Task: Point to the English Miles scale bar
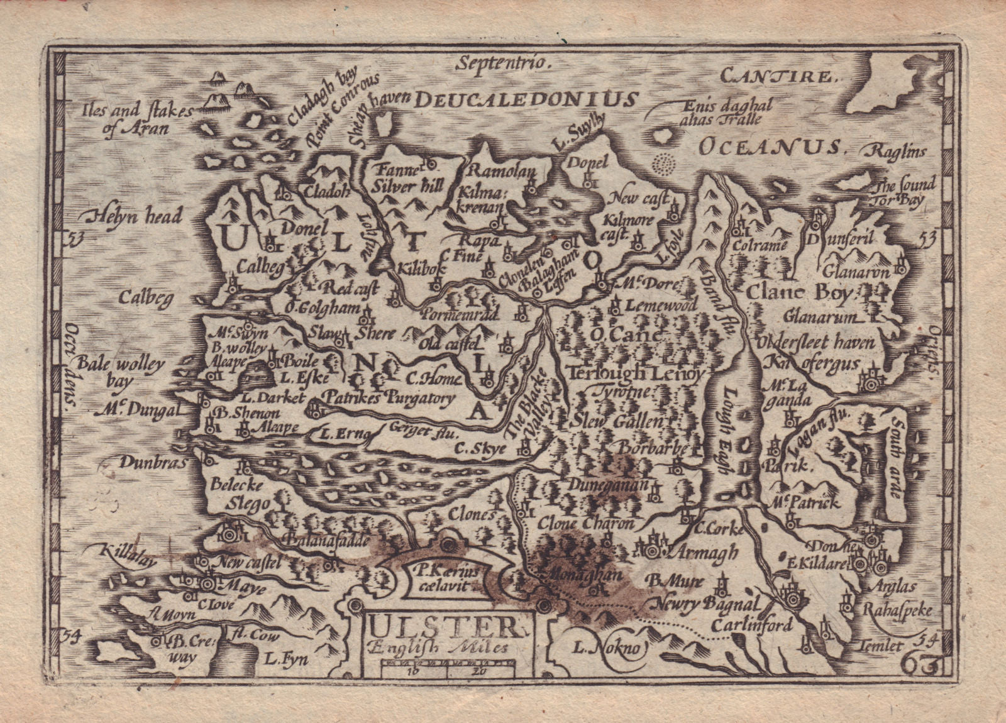[x=447, y=671]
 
